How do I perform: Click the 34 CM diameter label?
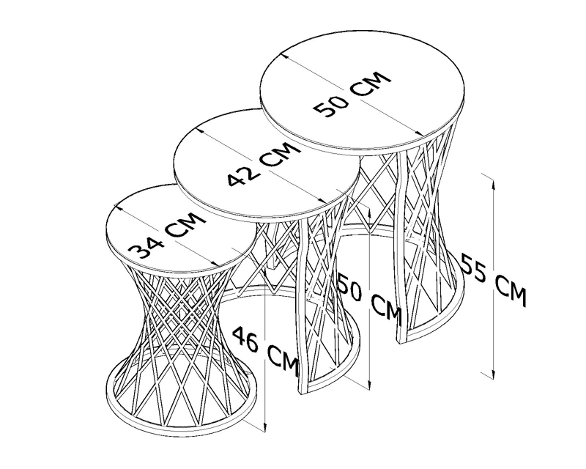pyautogui.click(x=167, y=235)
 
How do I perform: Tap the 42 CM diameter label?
pyautogui.click(x=264, y=164)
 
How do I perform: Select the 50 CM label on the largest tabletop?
pyautogui.click(x=352, y=94)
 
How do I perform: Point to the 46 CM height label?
pyautogui.click(x=266, y=350)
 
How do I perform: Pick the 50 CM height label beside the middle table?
pyautogui.click(x=370, y=302)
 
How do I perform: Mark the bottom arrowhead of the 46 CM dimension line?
pyautogui.click(x=265, y=427)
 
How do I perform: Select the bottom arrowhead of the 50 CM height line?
pyautogui.click(x=370, y=385)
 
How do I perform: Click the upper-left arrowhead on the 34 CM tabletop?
pyautogui.click(x=119, y=207)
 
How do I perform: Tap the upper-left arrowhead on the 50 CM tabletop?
pyautogui.click(x=286, y=56)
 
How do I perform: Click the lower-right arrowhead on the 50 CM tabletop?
pyautogui.click(x=420, y=133)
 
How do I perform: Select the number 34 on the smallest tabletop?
pyautogui.click(x=146, y=247)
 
